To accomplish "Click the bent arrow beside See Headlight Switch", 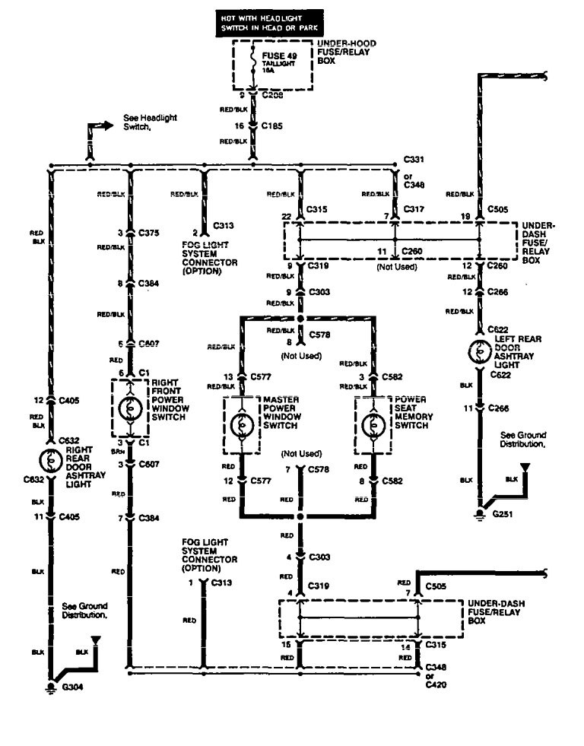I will tap(93, 134).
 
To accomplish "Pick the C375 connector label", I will tap(150, 232).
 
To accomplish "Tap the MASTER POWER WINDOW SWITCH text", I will tap(281, 408).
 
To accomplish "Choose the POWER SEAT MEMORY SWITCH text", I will tap(411, 408).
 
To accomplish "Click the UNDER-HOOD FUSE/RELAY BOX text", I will tap(346, 51).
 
